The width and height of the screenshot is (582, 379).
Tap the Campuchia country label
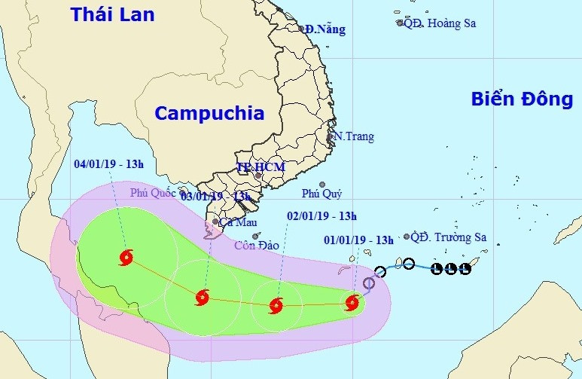pos(209,114)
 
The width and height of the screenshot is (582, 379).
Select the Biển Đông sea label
pos(523,99)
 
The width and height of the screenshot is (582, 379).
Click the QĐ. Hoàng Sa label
pos(440,23)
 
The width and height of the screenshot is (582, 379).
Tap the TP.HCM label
pos(253,167)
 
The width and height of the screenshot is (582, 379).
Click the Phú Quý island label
pos(321,194)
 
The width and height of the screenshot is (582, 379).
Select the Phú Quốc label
pos(153,193)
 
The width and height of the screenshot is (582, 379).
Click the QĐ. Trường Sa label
pos(449,237)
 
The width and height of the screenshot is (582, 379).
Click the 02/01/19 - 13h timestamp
pos(321,215)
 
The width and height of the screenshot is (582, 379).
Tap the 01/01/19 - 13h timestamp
pos(358,240)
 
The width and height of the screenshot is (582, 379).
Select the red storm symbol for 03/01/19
pos(201,298)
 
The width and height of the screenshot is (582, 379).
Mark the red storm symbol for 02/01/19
pos(275,305)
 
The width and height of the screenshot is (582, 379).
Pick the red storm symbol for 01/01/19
pos(352,303)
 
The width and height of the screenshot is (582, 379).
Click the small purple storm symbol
pos(369,283)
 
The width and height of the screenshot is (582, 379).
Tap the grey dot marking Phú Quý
pos(321,185)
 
